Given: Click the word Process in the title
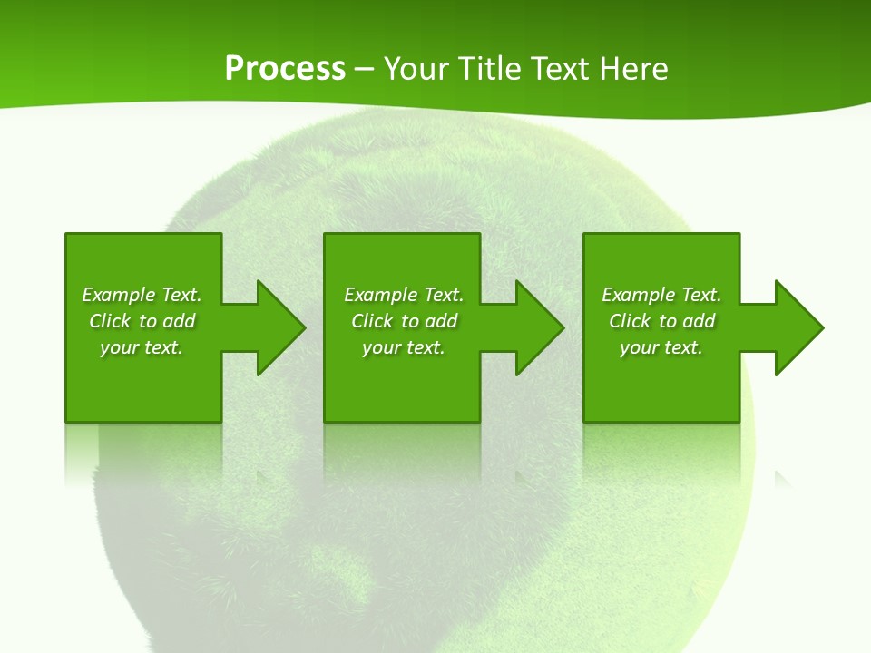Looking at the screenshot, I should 285,69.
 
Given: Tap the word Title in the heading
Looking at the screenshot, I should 492,69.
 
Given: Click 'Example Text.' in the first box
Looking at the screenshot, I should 142,295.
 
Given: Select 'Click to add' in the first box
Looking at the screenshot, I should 142,321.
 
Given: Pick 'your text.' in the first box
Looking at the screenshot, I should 142,347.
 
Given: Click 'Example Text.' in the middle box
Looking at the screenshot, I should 404,295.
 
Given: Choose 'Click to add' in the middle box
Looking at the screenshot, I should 404,321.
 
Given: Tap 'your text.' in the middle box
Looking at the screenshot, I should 404,347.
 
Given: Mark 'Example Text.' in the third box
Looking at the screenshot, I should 661,295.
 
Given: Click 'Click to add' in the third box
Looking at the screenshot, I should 661,321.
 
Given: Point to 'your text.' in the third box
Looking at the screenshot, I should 661,347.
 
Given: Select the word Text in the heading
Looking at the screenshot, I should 558,69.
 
